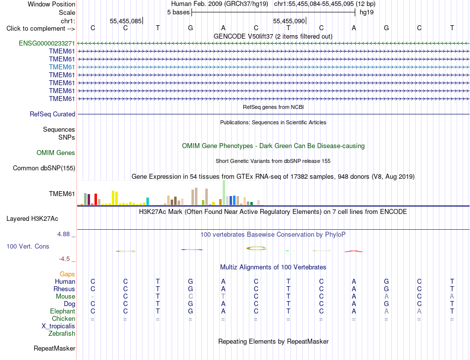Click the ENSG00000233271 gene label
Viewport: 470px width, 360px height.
click(47, 43)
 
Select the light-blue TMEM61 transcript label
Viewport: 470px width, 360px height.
click(62, 67)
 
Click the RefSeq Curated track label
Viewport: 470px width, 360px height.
click(52, 114)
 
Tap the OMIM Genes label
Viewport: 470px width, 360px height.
click(56, 153)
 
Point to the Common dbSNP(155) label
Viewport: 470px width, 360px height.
click(44, 168)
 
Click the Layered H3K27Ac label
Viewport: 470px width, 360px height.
click(32, 219)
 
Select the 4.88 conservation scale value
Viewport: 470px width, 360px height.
click(63, 234)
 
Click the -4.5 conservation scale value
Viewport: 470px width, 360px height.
click(64, 259)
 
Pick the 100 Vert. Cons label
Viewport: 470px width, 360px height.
click(28, 246)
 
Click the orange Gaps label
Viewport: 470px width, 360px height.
click(67, 274)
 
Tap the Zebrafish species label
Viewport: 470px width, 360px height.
click(62, 333)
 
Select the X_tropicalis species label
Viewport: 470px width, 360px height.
click(58, 326)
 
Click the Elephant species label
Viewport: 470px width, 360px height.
click(63, 311)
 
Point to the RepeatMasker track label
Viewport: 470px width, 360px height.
click(54, 348)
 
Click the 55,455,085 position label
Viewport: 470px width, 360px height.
click(126, 21)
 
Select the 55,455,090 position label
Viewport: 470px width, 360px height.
click(289, 21)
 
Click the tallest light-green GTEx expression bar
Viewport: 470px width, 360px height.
click(224, 193)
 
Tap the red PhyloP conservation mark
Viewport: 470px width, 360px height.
click(354, 251)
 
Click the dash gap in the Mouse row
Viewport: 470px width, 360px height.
click(93, 297)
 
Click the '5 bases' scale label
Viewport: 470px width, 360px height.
click(178, 12)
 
